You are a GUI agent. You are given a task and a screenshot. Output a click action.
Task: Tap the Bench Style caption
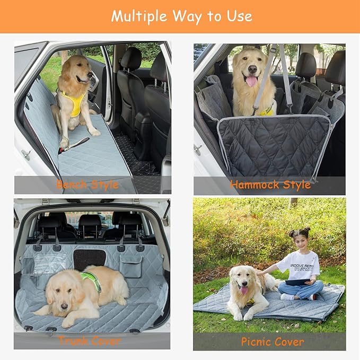click(x=87, y=185)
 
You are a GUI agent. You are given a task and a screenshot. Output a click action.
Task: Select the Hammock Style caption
click(x=270, y=185)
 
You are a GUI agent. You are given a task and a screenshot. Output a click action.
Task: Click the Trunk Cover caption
click(x=90, y=340)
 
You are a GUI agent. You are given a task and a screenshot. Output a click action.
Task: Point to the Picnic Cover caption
click(x=273, y=341)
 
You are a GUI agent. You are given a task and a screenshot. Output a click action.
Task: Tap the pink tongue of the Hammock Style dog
click(x=251, y=81)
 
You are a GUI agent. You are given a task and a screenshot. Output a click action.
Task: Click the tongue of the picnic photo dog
click(x=243, y=291)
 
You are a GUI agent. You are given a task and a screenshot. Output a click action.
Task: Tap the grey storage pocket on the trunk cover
click(x=130, y=267)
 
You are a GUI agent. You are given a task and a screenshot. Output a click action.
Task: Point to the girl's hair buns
click(x=300, y=232)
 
